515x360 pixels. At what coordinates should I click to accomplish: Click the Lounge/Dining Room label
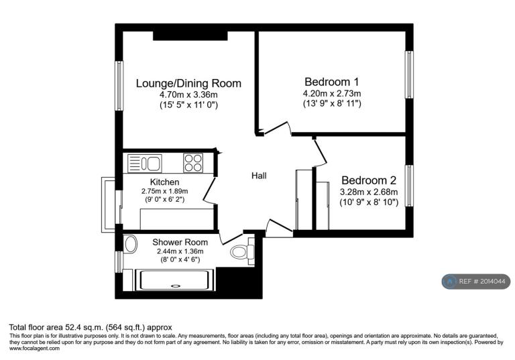[x=188, y=83]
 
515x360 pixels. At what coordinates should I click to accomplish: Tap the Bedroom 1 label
[x=332, y=82]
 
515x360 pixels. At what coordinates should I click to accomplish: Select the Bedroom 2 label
[x=369, y=180]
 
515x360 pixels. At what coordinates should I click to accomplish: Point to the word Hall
[x=259, y=176]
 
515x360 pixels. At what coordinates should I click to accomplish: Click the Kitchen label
[x=164, y=182]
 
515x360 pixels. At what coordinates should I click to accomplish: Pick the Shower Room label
[x=180, y=243]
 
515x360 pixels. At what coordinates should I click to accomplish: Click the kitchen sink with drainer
[x=145, y=164]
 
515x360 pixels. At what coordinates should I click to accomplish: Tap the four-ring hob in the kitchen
[x=193, y=163]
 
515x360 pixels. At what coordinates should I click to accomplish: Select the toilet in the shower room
[x=242, y=252]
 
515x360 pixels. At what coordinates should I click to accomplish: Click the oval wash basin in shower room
[x=131, y=245]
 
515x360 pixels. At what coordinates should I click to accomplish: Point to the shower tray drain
[x=176, y=286]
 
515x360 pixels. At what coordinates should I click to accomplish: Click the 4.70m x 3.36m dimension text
[x=188, y=95]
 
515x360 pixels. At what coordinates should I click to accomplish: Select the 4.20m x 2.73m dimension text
[x=332, y=94]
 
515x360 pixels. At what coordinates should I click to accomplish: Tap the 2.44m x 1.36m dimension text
[x=180, y=251]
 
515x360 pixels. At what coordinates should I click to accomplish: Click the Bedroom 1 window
[x=409, y=74]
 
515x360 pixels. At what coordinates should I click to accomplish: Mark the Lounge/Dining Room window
[x=119, y=86]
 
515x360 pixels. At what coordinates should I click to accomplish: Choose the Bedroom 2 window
[x=409, y=186]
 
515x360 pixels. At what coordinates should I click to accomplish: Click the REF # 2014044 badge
[x=476, y=282]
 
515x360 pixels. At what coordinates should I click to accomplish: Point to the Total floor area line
[x=91, y=327]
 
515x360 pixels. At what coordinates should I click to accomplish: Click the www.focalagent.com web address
[x=34, y=348]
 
